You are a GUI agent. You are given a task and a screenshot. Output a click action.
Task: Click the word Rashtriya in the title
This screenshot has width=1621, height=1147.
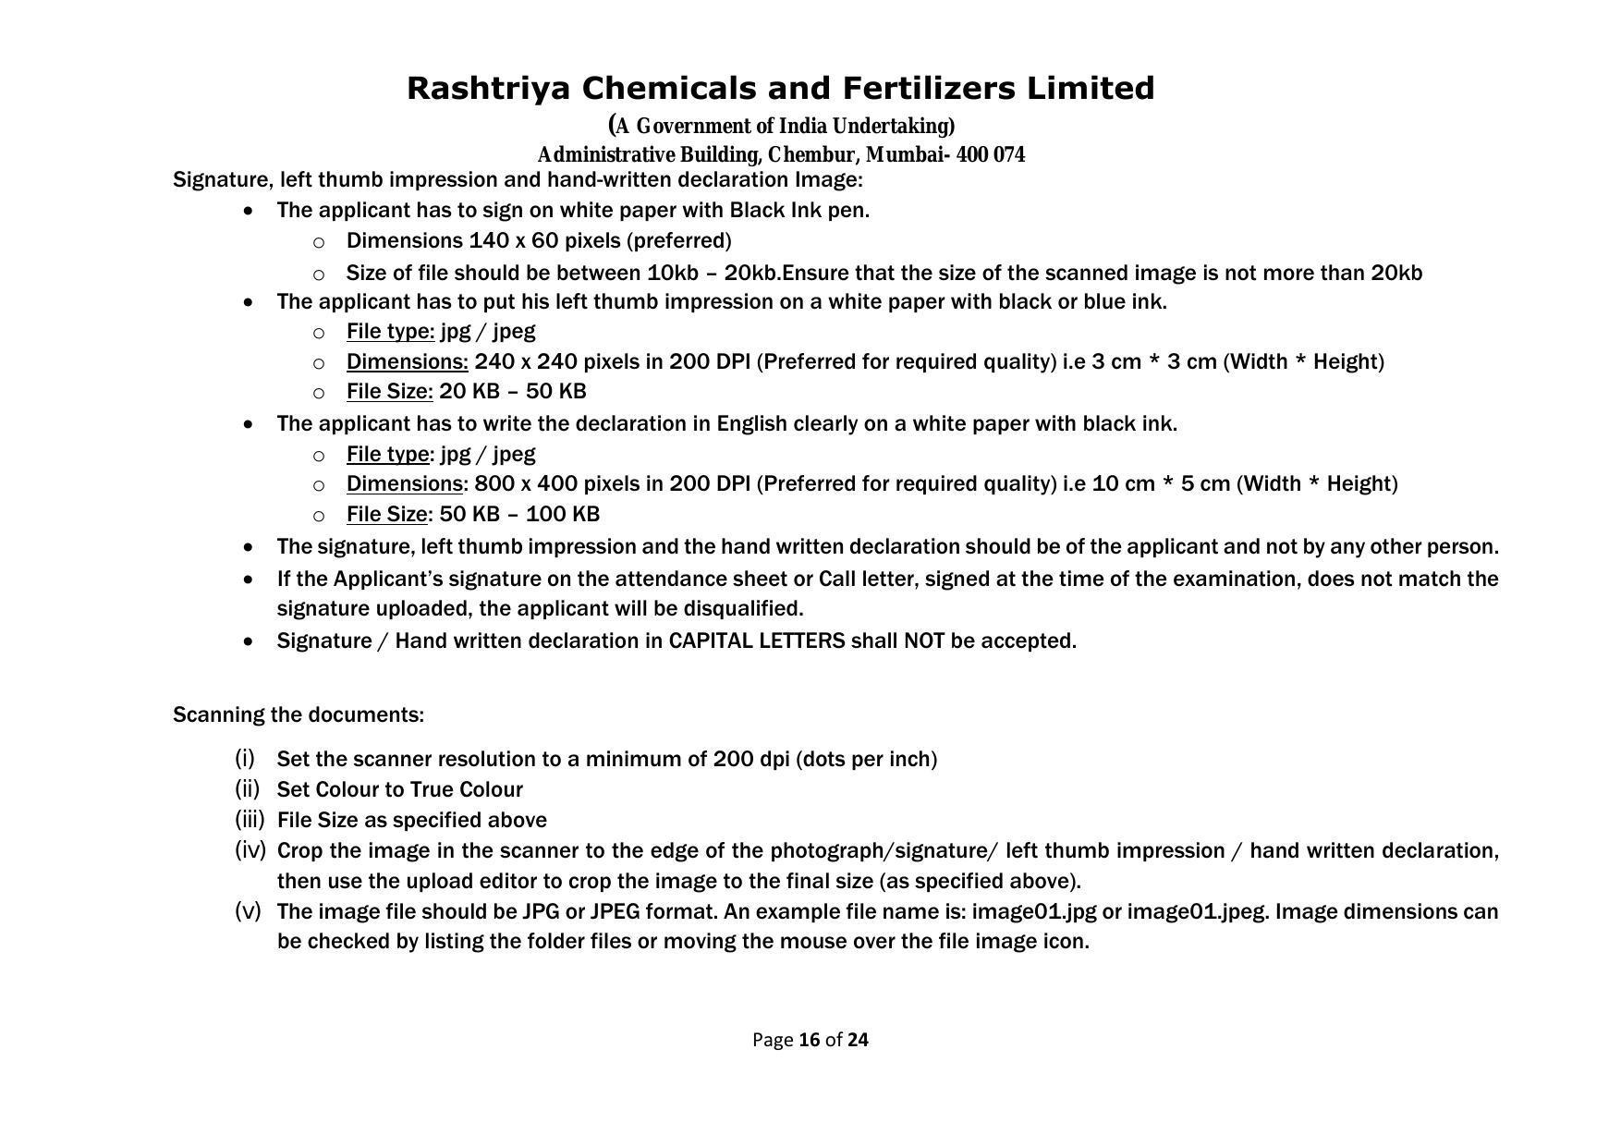490,90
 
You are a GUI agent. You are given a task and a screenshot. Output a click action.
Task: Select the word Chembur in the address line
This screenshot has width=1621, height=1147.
810,155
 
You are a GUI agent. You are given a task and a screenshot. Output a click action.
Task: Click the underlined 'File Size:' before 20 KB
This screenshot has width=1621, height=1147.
389,392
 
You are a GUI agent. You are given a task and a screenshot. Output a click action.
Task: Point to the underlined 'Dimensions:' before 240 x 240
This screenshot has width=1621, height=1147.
407,361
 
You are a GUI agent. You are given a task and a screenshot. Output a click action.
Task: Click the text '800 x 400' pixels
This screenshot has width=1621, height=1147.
517,484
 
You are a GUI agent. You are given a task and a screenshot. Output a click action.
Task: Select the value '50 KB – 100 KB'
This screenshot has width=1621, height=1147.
519,515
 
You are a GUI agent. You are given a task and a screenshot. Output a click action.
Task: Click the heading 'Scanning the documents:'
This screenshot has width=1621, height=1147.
299,715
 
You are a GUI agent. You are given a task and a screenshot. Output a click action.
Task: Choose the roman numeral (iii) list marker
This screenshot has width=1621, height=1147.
250,820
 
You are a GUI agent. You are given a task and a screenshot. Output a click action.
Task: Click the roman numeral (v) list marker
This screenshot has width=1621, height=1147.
248,911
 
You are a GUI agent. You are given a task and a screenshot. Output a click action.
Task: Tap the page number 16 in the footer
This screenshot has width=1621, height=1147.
810,1041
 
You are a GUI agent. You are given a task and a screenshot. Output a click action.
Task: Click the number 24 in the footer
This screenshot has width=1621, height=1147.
858,1041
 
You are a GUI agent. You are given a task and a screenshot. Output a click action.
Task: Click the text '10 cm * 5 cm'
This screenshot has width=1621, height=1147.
1161,484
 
